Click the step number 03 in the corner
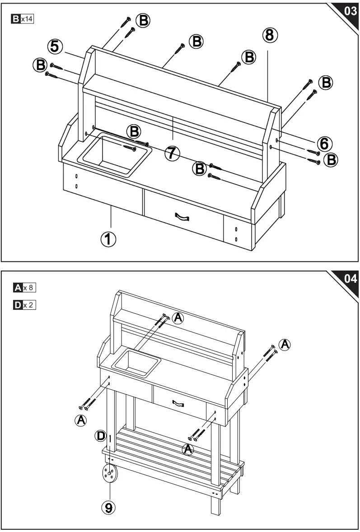[350, 11]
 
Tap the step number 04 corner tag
[350, 279]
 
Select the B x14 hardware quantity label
[24, 19]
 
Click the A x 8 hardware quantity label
[25, 287]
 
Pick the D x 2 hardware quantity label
[25, 305]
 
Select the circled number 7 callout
[171, 154]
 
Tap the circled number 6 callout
[324, 144]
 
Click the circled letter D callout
[102, 436]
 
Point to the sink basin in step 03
[115, 154]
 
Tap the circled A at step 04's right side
[284, 345]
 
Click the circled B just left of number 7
[133, 132]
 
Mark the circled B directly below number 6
[332, 159]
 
